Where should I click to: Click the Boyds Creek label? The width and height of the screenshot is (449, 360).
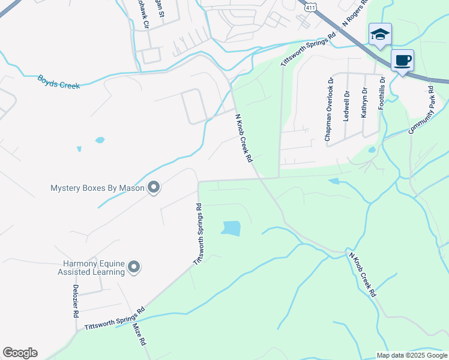click(x=59, y=82)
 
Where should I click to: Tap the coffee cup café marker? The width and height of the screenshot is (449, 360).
click(x=403, y=60)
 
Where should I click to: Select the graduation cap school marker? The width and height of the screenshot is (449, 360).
click(x=380, y=34)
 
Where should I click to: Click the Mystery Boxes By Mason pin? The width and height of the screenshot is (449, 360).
click(x=154, y=188)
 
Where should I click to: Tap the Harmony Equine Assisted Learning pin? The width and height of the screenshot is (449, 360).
click(x=133, y=267)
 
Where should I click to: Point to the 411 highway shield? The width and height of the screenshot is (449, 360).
click(x=309, y=5)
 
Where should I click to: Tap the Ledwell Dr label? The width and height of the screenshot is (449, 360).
click(x=346, y=106)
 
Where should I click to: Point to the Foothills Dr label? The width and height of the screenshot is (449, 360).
click(x=381, y=93)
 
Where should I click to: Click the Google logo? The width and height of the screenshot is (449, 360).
click(x=20, y=353)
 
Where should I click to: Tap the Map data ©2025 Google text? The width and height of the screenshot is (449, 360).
click(x=411, y=355)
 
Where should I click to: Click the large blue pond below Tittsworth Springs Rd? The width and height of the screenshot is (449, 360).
click(x=231, y=228)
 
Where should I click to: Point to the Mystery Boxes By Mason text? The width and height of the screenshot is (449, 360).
click(x=97, y=188)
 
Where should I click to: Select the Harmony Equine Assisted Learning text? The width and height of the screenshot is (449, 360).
click(x=95, y=268)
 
